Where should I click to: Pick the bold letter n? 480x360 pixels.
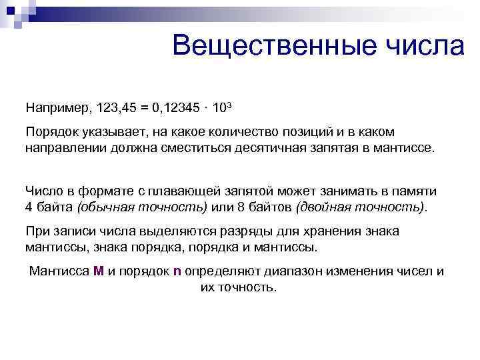(x=177, y=271)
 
